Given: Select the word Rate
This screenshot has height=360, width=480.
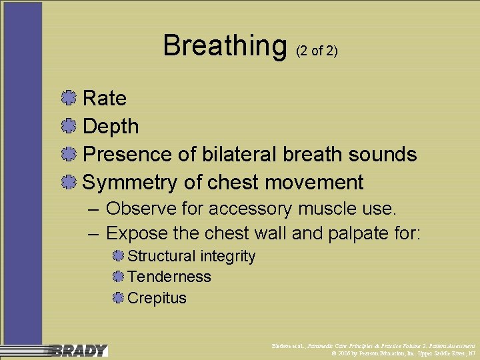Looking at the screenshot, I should coord(104,99).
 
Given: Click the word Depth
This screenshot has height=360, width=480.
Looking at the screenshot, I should coord(111,127).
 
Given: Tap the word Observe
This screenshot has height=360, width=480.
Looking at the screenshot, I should coord(139,209).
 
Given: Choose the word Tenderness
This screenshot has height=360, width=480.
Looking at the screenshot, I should coord(169,277).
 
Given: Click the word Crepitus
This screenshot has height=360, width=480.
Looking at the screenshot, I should coord(157,298).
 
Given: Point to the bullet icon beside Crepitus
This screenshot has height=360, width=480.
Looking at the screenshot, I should coord(118,298).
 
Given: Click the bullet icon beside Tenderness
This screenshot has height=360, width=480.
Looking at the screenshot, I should coord(118,277).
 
